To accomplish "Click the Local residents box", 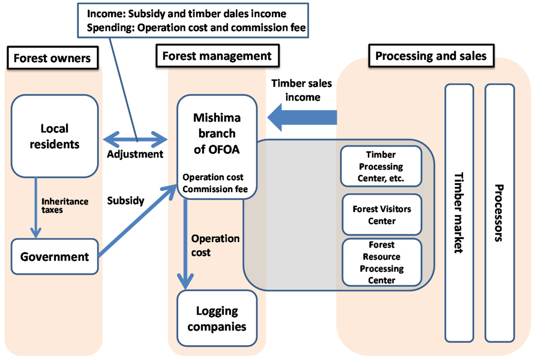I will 55,136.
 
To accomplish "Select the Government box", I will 55,257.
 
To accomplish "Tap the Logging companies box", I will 217,319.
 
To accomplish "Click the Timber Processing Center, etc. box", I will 381,166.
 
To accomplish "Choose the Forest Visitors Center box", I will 381,214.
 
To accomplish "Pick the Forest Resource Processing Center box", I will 381,262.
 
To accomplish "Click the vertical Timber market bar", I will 459,212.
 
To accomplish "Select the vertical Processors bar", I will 499,212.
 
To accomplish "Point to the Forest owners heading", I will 52,58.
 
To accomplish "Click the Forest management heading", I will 217,56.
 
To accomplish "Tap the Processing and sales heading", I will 431,55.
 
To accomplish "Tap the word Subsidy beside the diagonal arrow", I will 125,200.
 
